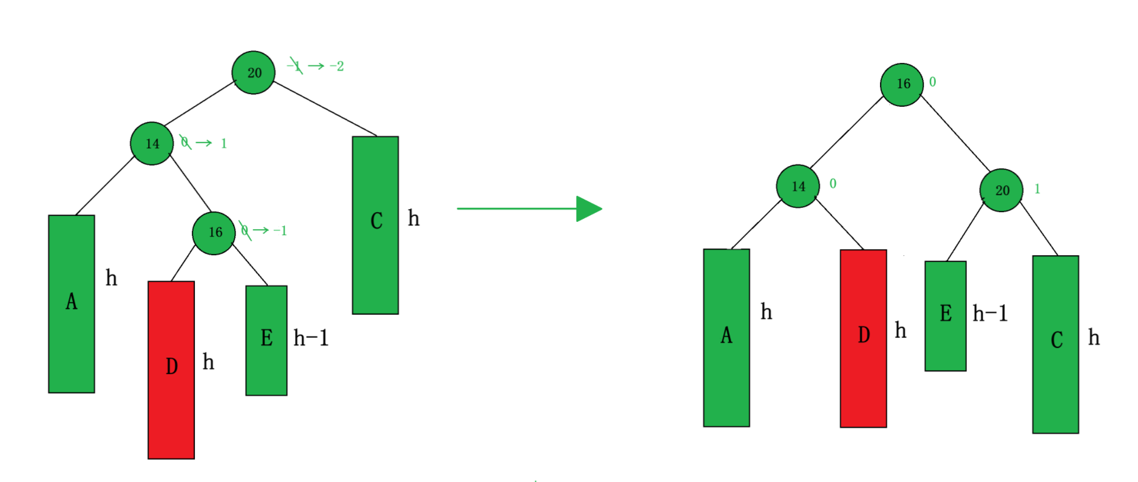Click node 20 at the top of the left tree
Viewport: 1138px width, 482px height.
click(x=254, y=73)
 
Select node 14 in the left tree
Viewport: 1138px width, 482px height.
click(x=152, y=144)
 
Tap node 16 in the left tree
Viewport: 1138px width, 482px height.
click(x=214, y=233)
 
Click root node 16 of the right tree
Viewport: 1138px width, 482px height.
click(x=902, y=84)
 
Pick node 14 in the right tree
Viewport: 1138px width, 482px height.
click(x=798, y=186)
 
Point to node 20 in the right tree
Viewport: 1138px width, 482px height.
click(x=1001, y=190)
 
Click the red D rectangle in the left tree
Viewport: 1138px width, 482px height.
click(x=171, y=370)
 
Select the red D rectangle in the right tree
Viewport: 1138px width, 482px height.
click(x=863, y=338)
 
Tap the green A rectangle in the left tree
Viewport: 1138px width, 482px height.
click(x=72, y=304)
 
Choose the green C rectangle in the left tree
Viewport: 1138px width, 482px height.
click(x=375, y=225)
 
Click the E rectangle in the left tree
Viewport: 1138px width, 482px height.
click(x=266, y=340)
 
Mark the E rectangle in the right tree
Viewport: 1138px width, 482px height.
click(x=945, y=316)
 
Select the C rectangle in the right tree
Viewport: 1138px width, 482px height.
click(x=1055, y=344)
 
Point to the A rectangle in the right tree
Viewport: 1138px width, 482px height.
click(x=726, y=338)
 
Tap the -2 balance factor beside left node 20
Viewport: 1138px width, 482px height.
click(x=337, y=66)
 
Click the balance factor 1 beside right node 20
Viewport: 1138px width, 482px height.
click(x=1037, y=189)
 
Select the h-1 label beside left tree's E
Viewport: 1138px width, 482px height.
click(x=311, y=338)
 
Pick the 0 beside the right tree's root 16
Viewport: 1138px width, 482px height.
click(x=933, y=82)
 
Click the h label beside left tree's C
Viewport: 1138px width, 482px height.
click(x=413, y=218)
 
